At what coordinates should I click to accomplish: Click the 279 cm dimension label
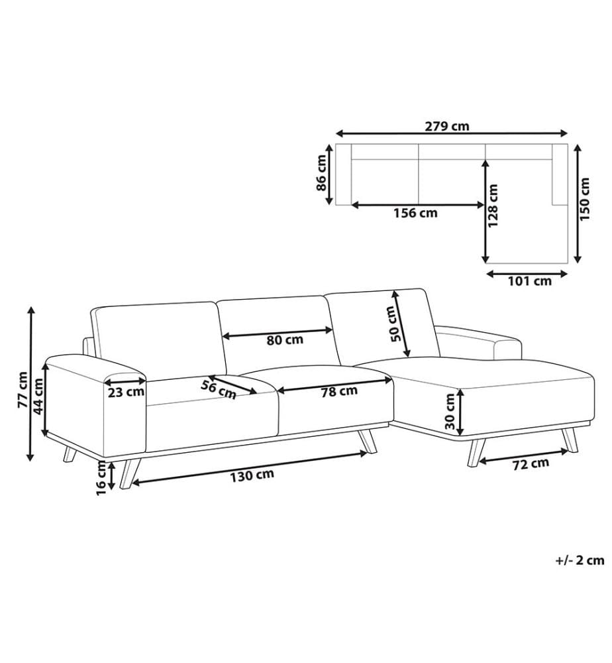(x=447, y=126)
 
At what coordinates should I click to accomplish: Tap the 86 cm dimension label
(x=321, y=172)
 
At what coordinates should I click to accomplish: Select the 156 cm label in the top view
(x=415, y=213)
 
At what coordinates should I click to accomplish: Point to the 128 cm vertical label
(x=493, y=205)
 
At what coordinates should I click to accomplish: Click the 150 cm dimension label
(x=585, y=199)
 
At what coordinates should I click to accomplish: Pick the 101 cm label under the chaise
(x=530, y=280)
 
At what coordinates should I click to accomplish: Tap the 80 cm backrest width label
(x=285, y=339)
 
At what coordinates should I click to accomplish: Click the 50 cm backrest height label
(x=393, y=324)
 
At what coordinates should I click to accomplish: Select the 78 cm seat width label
(x=339, y=392)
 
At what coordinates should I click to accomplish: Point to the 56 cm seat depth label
(x=219, y=389)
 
